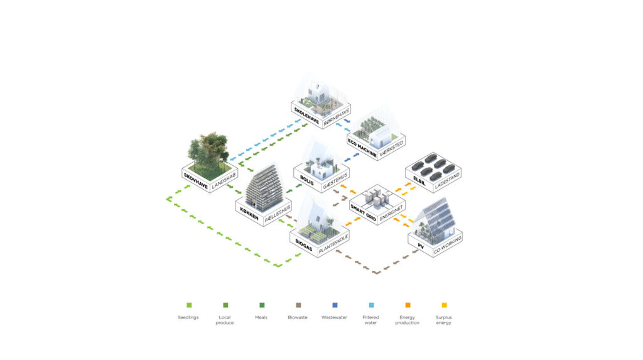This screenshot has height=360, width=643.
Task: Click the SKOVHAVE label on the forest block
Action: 196,181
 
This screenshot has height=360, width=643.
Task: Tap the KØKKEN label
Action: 249,214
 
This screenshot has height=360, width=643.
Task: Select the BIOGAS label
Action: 303,245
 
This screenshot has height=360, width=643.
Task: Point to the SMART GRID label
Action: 364,212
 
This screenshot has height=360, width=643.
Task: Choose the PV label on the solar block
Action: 421,246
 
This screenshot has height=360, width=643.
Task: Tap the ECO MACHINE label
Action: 362,148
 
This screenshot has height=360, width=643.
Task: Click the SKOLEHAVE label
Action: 306,116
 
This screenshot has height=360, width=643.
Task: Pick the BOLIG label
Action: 306,180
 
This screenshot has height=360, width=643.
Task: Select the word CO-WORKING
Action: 447,244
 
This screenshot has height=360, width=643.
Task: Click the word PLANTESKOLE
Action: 333,244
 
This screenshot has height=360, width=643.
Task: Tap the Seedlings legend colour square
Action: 189,305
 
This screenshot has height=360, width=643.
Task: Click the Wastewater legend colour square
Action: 335,305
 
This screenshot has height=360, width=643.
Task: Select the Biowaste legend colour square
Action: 298,305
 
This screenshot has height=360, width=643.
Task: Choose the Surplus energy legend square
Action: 444,305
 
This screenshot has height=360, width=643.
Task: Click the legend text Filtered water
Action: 370,320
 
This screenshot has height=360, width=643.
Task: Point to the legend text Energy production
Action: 407,320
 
